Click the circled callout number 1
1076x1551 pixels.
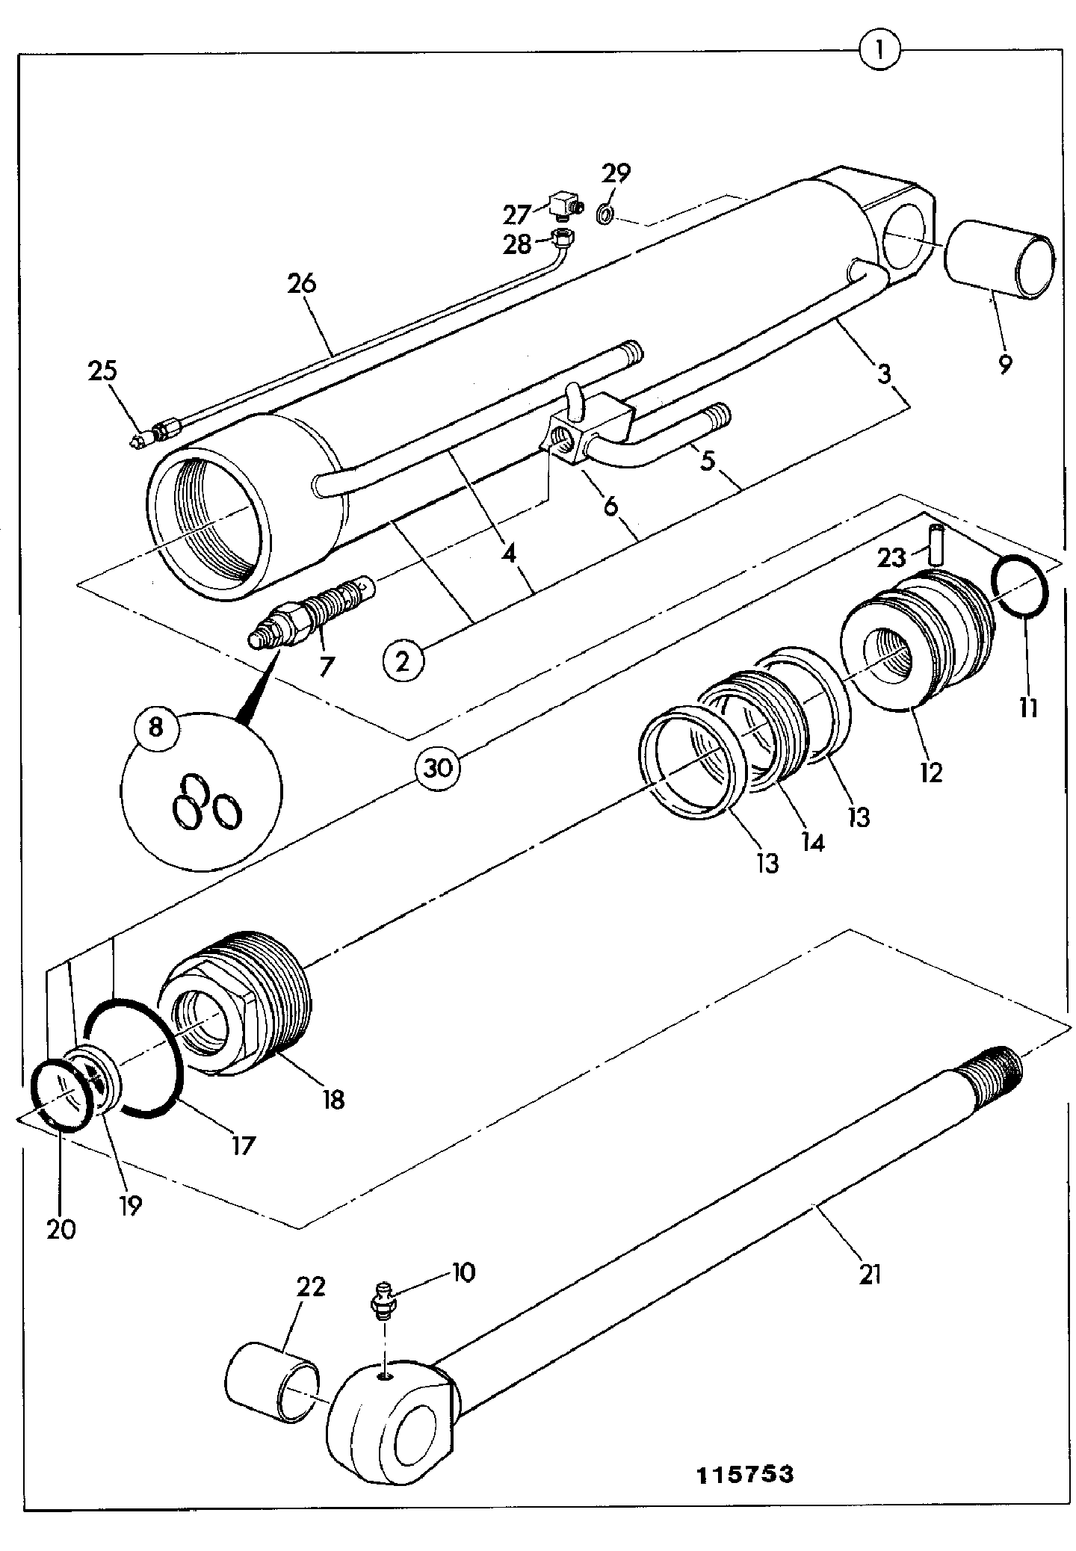[x=879, y=52]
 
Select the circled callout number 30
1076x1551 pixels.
[x=439, y=768]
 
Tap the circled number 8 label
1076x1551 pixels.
[x=155, y=726]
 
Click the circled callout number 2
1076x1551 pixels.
[x=403, y=660]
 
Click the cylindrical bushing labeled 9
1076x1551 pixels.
[x=1000, y=260]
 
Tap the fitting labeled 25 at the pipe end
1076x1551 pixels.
[x=148, y=436]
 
